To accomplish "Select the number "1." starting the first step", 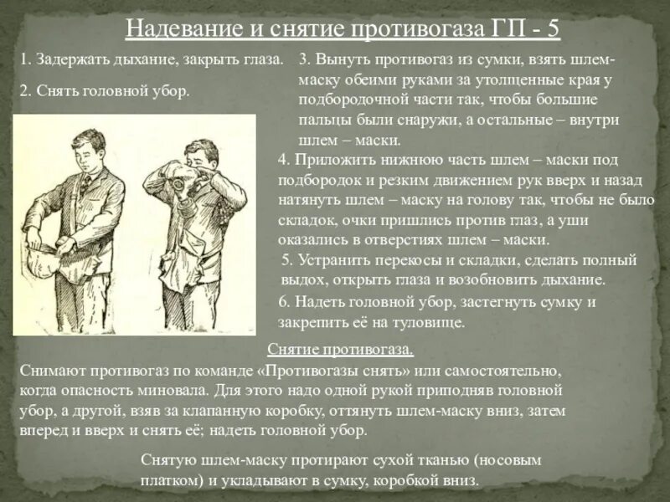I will pyautogui.click(x=25, y=59).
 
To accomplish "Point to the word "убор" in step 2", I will pyautogui.click(x=171, y=90).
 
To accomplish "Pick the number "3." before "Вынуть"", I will pyautogui.click(x=305, y=59).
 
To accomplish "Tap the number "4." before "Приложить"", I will pyautogui.click(x=284, y=159).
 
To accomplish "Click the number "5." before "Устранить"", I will pyautogui.click(x=288, y=259).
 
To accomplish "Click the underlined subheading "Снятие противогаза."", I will pyautogui.click(x=340, y=350).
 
